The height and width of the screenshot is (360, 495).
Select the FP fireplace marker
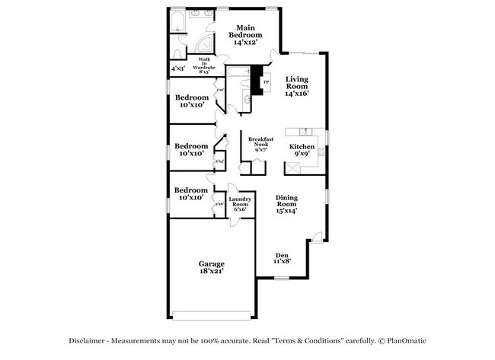point(266,81)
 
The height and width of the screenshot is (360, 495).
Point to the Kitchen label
point(301,149)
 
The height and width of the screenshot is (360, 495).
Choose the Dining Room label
point(286,203)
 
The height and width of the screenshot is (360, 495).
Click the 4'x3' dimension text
point(178,68)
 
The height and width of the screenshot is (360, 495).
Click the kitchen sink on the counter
point(304,131)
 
